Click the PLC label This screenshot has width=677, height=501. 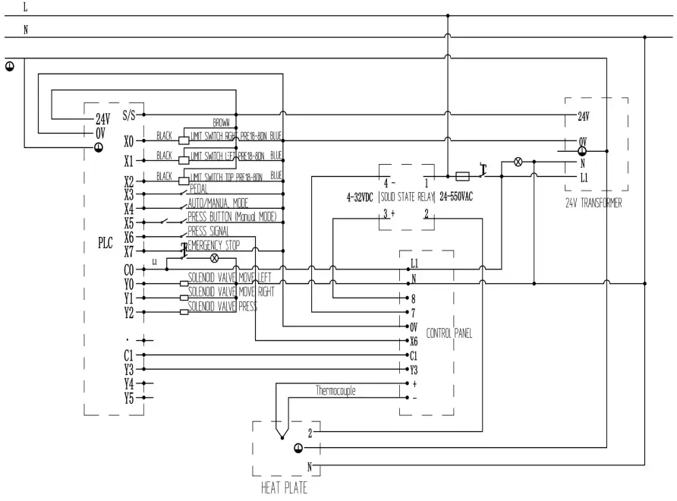(105, 244)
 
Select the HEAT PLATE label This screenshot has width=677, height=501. (285, 488)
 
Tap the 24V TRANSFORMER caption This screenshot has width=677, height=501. (594, 203)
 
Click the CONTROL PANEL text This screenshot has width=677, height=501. (449, 332)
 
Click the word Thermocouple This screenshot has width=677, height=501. (335, 391)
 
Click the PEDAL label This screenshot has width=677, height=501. (199, 189)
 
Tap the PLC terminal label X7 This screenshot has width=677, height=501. (128, 251)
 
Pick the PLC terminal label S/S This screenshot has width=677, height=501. (128, 115)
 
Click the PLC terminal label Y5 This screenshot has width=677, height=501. (128, 398)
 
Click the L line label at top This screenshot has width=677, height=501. (27, 7)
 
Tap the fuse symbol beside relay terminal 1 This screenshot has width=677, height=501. (461, 175)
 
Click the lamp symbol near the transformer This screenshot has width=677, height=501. (519, 162)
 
